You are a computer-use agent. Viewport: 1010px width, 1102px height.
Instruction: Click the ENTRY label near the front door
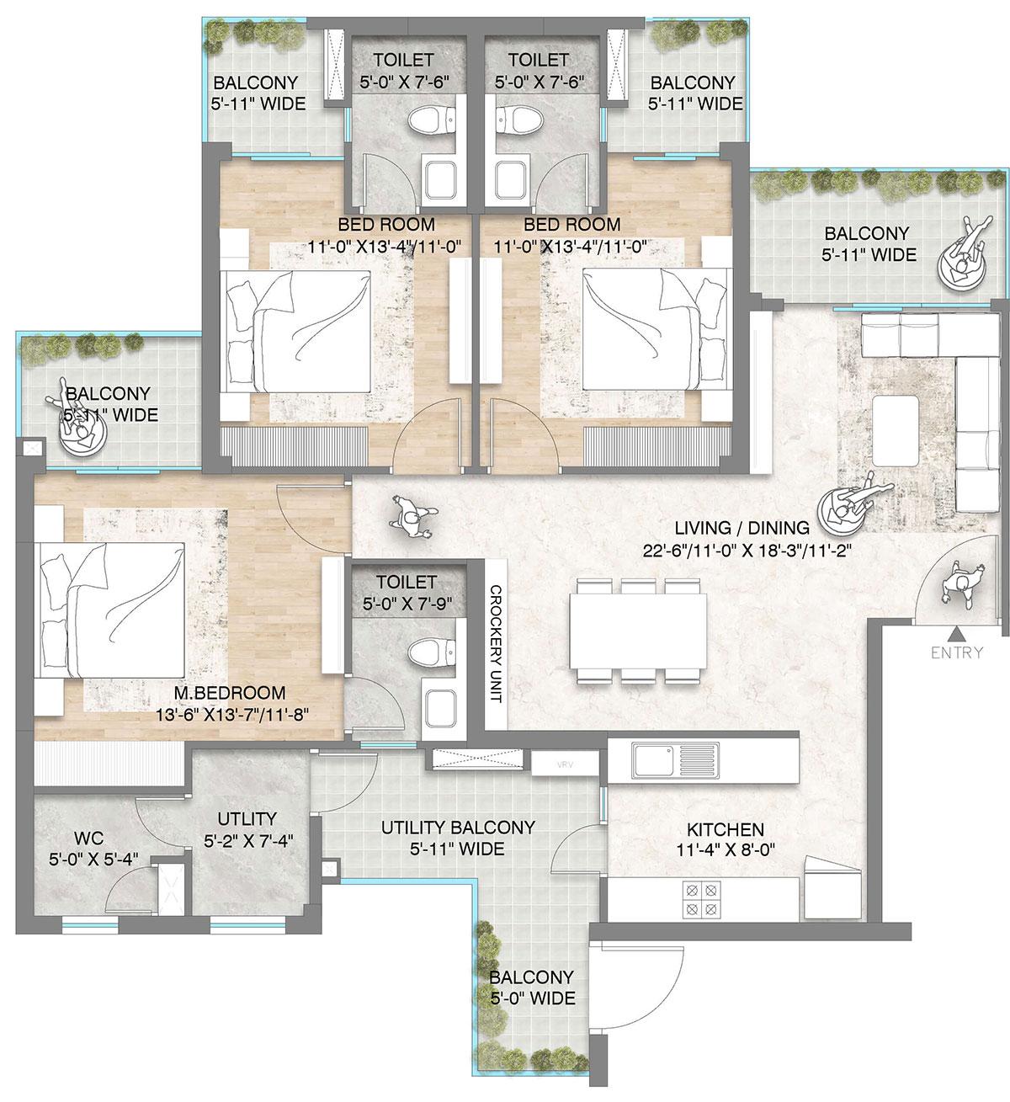tap(957, 652)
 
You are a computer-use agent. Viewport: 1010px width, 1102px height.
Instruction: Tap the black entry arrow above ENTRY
tap(957, 633)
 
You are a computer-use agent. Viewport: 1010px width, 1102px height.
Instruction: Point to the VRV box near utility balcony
tap(564, 765)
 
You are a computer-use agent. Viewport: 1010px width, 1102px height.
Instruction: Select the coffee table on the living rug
tap(895, 429)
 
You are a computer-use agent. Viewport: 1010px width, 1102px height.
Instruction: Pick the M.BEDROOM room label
tap(230, 693)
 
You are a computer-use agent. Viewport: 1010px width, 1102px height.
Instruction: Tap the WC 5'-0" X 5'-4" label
tap(89, 848)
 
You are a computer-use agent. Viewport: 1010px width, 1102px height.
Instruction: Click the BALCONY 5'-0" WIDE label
tap(532, 988)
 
